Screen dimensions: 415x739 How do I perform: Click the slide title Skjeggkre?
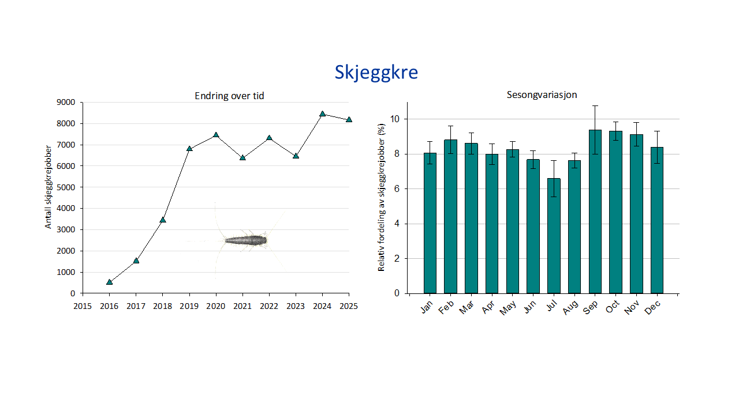point(376,73)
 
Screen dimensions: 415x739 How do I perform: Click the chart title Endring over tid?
point(229,96)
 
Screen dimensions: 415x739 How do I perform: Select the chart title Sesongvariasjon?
point(542,95)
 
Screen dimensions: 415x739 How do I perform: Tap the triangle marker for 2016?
point(110,282)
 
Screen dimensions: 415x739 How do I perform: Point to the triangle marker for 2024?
point(323,114)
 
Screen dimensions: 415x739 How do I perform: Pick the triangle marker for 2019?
point(189,149)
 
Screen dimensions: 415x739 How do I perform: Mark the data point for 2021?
point(242,157)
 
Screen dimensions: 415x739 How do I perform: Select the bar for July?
point(554,236)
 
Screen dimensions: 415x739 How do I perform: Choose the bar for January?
point(430,223)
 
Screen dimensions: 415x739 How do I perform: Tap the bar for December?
point(657,220)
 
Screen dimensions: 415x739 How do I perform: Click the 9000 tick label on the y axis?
point(65,103)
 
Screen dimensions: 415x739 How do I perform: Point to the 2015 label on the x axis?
point(83,305)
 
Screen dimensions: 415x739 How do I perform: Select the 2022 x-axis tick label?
point(269,305)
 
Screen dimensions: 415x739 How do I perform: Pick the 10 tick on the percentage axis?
point(395,119)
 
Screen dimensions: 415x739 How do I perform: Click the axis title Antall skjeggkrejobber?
point(48,186)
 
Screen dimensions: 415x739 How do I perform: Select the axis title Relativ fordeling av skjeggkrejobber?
point(382,198)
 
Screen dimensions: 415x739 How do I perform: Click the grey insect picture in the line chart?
point(246,240)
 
